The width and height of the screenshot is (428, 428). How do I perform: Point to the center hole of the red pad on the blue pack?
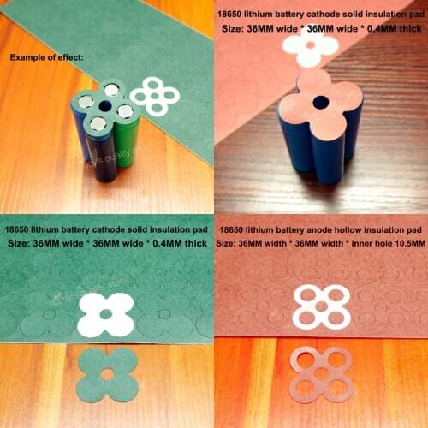click(319, 102)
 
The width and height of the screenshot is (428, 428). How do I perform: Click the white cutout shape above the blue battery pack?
click(310, 48)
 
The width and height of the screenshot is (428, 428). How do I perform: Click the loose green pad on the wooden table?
click(107, 375)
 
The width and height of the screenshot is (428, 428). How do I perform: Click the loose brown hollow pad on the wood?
click(321, 374)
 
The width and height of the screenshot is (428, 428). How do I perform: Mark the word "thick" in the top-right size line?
click(407, 27)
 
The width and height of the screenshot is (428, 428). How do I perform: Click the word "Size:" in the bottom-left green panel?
click(21, 245)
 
